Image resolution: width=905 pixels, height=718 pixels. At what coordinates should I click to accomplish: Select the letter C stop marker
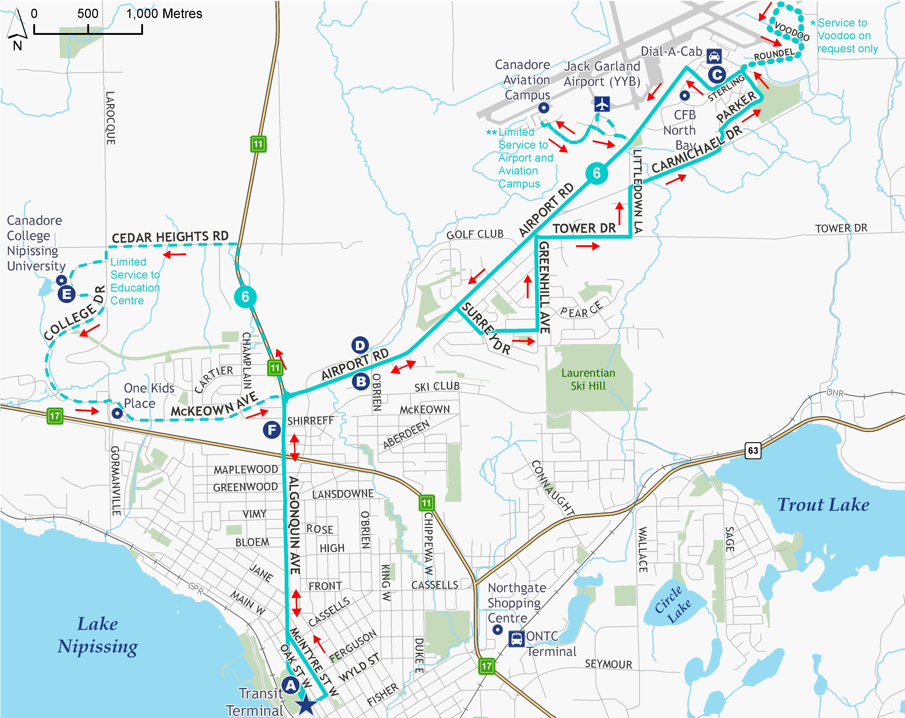tap(717, 75)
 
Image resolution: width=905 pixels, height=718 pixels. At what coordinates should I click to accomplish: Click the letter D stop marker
tap(360, 345)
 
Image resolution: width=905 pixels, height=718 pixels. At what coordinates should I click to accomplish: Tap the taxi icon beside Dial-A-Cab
tap(714, 56)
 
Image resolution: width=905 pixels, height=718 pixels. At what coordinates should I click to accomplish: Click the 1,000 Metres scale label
tap(164, 14)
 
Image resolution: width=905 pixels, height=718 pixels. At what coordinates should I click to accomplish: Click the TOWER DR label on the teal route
tap(584, 229)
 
